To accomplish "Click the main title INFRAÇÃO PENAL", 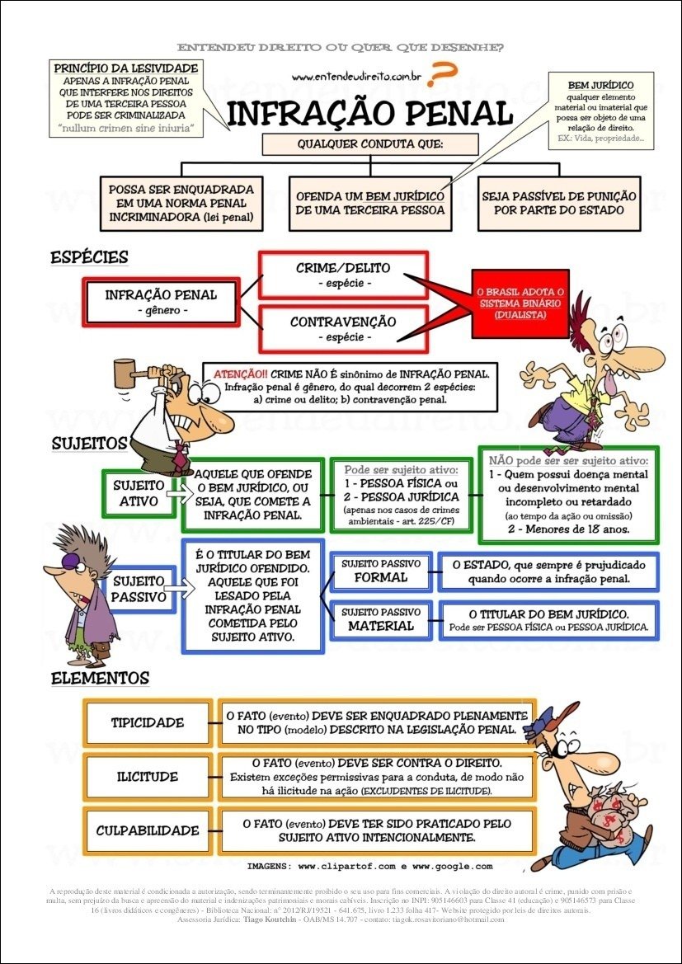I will pos(369,113).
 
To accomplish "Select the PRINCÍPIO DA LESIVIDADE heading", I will pos(125,68).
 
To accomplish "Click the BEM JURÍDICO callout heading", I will pos(600,85).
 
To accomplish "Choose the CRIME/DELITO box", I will pos(343,275).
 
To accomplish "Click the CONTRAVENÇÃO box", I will pos(343,328).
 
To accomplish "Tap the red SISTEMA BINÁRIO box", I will pos(520,303).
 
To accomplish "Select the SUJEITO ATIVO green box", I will pos(139,494).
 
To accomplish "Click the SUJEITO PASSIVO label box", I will pos(139,589).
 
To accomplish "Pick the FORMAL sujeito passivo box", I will pos(380,571).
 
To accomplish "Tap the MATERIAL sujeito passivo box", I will pos(380,620).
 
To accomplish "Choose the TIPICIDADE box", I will pos(148,723).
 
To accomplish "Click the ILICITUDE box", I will pos(148,777).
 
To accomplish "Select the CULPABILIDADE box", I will pos(148,830).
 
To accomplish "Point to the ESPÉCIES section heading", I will pos(89,257).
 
